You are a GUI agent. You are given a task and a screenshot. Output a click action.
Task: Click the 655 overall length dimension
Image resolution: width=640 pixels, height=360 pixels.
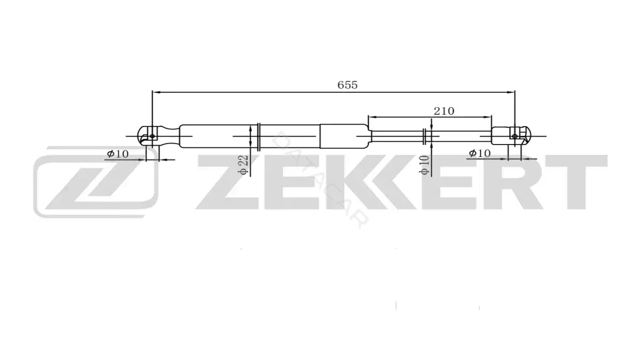click(347, 85)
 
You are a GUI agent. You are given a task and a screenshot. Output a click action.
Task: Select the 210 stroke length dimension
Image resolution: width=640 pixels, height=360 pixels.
click(444, 111)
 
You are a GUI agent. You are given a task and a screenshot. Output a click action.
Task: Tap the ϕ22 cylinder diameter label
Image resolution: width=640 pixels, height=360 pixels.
click(243, 165)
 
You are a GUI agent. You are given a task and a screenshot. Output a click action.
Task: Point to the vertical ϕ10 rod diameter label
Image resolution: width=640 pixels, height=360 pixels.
click(425, 165)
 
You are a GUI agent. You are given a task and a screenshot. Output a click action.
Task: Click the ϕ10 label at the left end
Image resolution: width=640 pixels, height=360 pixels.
click(118, 154)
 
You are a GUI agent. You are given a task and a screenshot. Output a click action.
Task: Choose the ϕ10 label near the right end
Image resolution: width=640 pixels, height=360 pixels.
click(479, 154)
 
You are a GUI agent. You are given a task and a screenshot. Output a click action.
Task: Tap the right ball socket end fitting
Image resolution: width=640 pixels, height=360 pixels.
click(511, 136)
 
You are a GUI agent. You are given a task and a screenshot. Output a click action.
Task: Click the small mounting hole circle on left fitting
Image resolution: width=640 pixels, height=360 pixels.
click(153, 137)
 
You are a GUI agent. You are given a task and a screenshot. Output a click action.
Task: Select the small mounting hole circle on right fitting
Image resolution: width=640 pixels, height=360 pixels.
click(515, 137)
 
